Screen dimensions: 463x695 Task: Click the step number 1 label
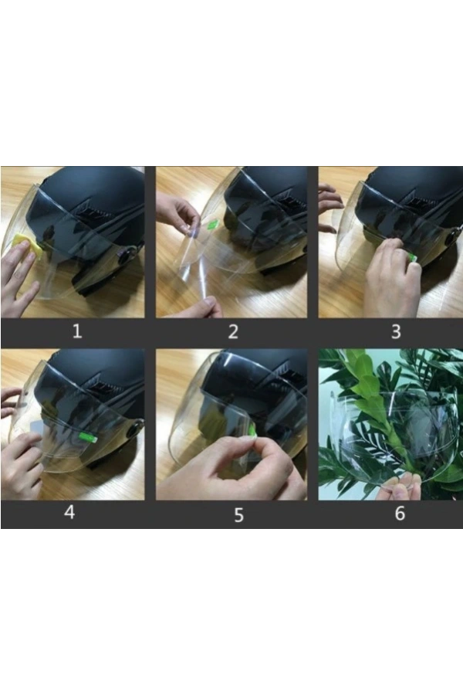coord(77,331)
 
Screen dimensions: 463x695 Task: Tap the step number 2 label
coord(233,331)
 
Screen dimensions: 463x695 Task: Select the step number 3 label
coord(396,331)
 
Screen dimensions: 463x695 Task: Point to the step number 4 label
coord(69,512)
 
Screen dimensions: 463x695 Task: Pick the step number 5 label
coord(238,515)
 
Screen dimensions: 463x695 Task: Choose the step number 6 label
coord(400,513)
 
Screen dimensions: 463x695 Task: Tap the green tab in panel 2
coord(211,224)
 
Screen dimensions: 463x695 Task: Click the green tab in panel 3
coord(413,256)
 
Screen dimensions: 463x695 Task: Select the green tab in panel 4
coord(87,438)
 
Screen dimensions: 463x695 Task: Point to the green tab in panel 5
coord(252,430)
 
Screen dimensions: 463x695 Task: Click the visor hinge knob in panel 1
coord(124,256)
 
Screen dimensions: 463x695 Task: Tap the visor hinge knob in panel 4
coord(135,429)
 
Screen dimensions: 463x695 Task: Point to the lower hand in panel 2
coord(206,307)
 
